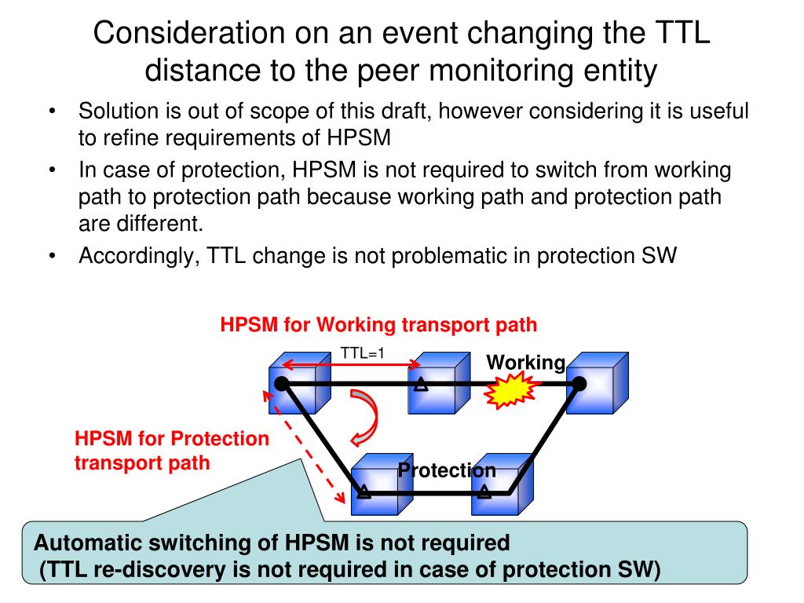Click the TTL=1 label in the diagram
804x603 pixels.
click(x=362, y=353)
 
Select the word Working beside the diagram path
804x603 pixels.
click(x=525, y=363)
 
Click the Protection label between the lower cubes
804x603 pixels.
click(x=447, y=470)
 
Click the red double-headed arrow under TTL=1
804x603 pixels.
click(x=352, y=365)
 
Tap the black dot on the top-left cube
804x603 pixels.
click(x=281, y=384)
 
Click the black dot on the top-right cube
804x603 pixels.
click(x=579, y=383)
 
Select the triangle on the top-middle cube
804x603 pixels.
click(x=422, y=384)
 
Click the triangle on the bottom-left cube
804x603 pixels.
click(x=363, y=492)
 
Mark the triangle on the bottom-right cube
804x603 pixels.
click(x=484, y=492)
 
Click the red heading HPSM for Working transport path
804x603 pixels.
click(x=378, y=325)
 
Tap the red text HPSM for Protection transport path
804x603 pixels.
click(x=171, y=451)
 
